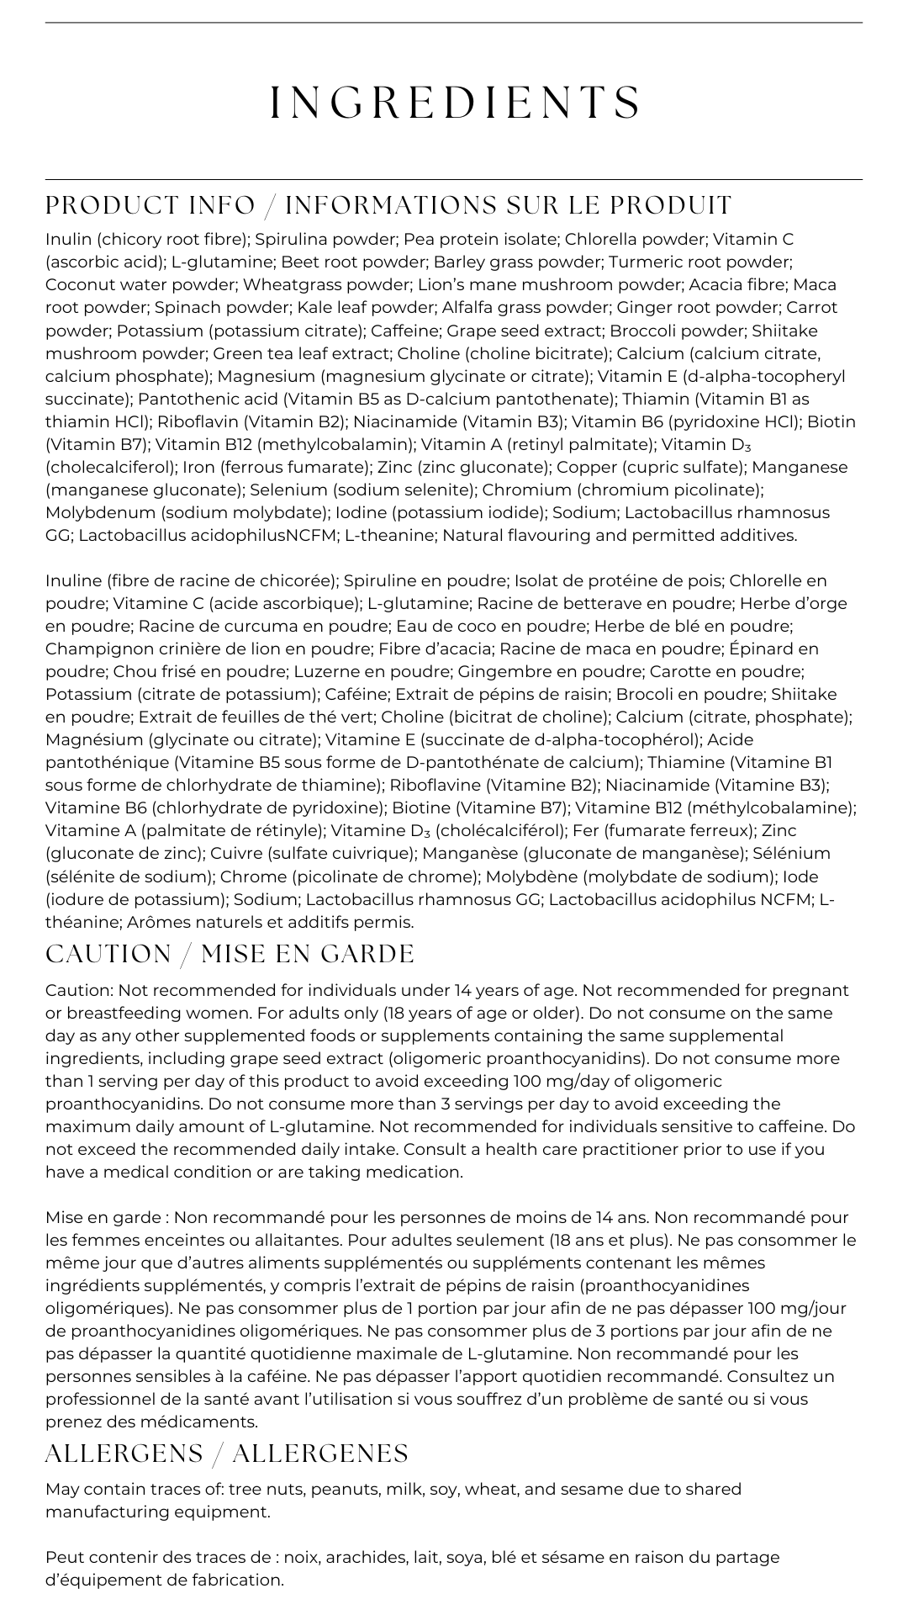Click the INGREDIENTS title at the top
tap(455, 103)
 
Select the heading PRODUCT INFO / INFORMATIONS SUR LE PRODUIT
tap(388, 205)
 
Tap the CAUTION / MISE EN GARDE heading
tap(230, 954)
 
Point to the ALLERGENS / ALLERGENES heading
tap(227, 1453)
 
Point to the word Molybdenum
tap(100, 512)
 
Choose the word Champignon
tap(93, 649)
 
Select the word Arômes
tap(158, 922)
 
